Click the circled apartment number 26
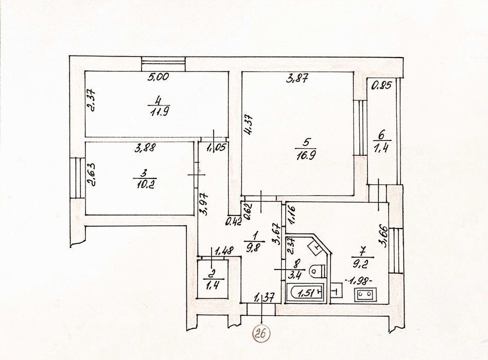pos(262,334)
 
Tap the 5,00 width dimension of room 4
pos(158,77)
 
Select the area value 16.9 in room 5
pos(305,154)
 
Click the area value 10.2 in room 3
pos(145,185)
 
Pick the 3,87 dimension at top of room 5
pos(297,79)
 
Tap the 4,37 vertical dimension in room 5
pos(249,125)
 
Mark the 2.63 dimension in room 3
pos(93,174)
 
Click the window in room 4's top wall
pos(164,64)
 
